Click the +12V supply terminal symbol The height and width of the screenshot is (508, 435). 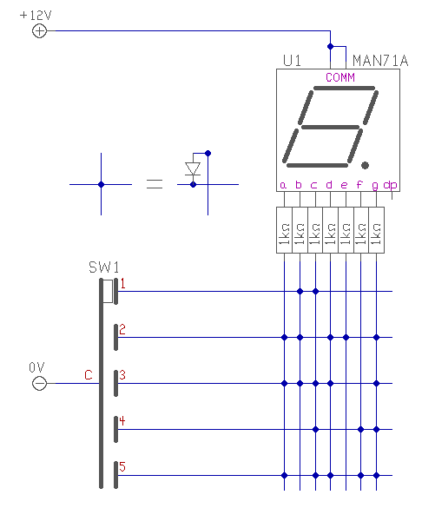(40, 31)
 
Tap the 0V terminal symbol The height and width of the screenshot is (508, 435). (40, 384)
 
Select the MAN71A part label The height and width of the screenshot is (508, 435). (380, 61)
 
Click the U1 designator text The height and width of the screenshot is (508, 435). (292, 61)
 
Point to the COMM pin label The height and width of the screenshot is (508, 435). (340, 77)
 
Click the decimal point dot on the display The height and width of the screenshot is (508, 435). (365, 165)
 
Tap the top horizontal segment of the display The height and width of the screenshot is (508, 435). (345, 88)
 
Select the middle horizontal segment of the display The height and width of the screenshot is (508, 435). (331, 127)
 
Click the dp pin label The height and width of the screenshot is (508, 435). (390, 185)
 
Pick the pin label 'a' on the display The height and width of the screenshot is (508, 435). (283, 185)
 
